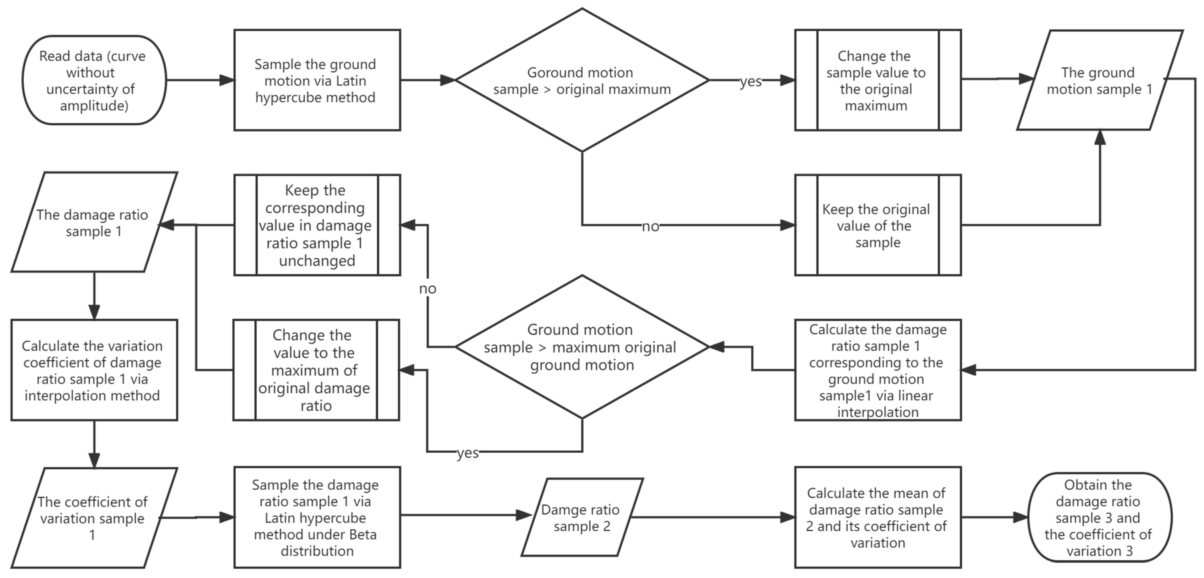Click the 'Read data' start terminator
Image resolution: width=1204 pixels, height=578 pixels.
pos(94,80)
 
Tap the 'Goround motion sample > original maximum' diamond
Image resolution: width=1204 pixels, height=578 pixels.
pos(582,80)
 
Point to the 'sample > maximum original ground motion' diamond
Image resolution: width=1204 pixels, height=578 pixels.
pos(582,347)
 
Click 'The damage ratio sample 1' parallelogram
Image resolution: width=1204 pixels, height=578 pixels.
pos(94,222)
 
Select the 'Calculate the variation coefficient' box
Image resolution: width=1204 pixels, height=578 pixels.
pos(94,370)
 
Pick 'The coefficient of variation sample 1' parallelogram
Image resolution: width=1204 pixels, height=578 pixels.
pos(94,518)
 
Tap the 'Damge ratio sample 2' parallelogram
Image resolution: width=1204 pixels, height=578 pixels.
pos(582,517)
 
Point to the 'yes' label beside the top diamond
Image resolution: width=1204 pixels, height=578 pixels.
pos(751,81)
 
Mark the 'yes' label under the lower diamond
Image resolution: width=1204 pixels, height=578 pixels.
pos(468,453)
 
